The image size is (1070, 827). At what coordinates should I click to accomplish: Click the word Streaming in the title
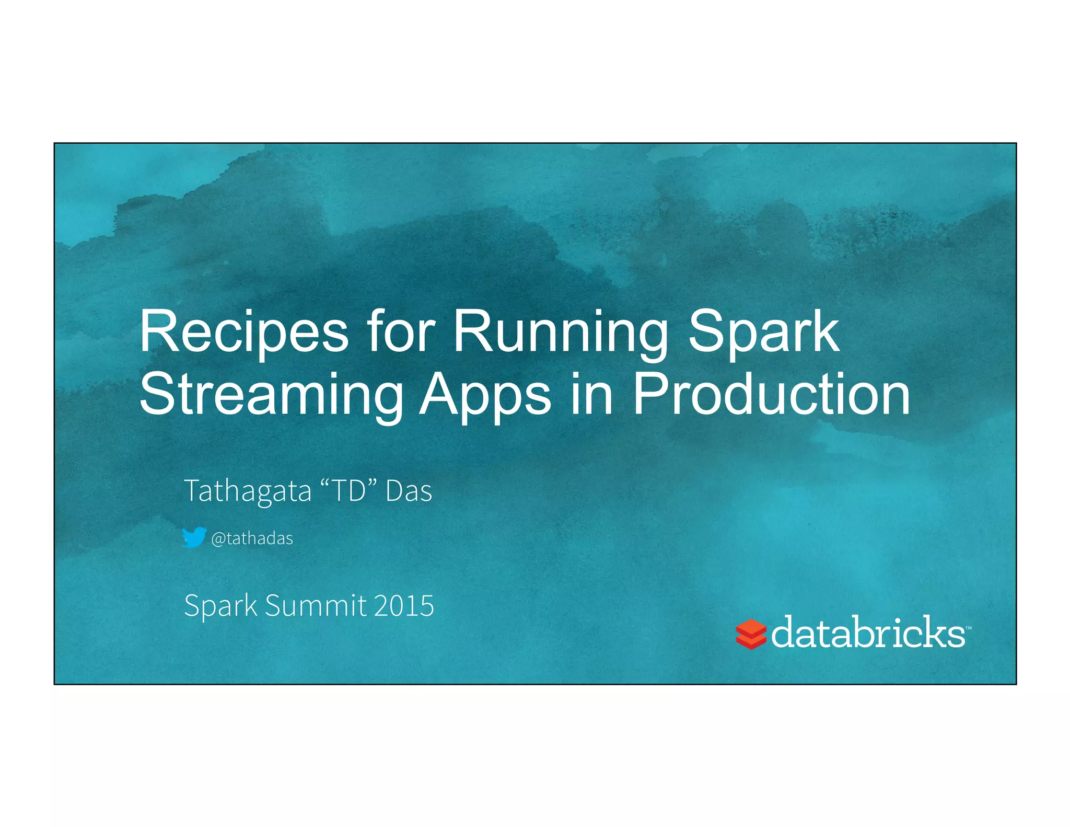pyautogui.click(x=271, y=396)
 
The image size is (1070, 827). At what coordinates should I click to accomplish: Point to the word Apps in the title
pyautogui.click(x=485, y=396)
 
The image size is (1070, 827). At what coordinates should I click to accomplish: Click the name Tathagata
pyautogui.click(x=248, y=491)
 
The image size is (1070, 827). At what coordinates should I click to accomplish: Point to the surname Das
pyautogui.click(x=409, y=491)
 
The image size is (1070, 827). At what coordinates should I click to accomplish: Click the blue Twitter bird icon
pyautogui.click(x=194, y=537)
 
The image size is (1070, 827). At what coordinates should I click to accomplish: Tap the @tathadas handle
pyautogui.click(x=252, y=538)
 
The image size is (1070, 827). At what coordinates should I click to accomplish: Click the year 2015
pyautogui.click(x=404, y=605)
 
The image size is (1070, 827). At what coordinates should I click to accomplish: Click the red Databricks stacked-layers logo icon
pyautogui.click(x=751, y=634)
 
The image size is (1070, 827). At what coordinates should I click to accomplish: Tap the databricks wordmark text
pyautogui.click(x=867, y=633)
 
